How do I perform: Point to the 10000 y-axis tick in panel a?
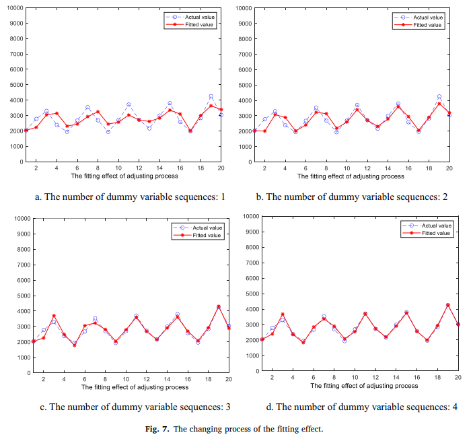(13, 7)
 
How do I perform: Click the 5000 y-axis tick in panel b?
(244, 85)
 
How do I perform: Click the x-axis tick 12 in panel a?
(139, 168)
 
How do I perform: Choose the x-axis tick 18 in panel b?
(429, 168)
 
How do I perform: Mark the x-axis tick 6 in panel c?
(85, 379)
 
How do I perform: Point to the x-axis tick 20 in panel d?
(458, 377)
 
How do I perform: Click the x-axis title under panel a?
(124, 176)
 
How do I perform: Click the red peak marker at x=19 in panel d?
(447, 305)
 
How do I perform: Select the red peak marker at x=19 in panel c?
(218, 306)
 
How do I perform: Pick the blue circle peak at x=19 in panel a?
(211, 96)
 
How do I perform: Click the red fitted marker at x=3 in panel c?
(54, 316)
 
